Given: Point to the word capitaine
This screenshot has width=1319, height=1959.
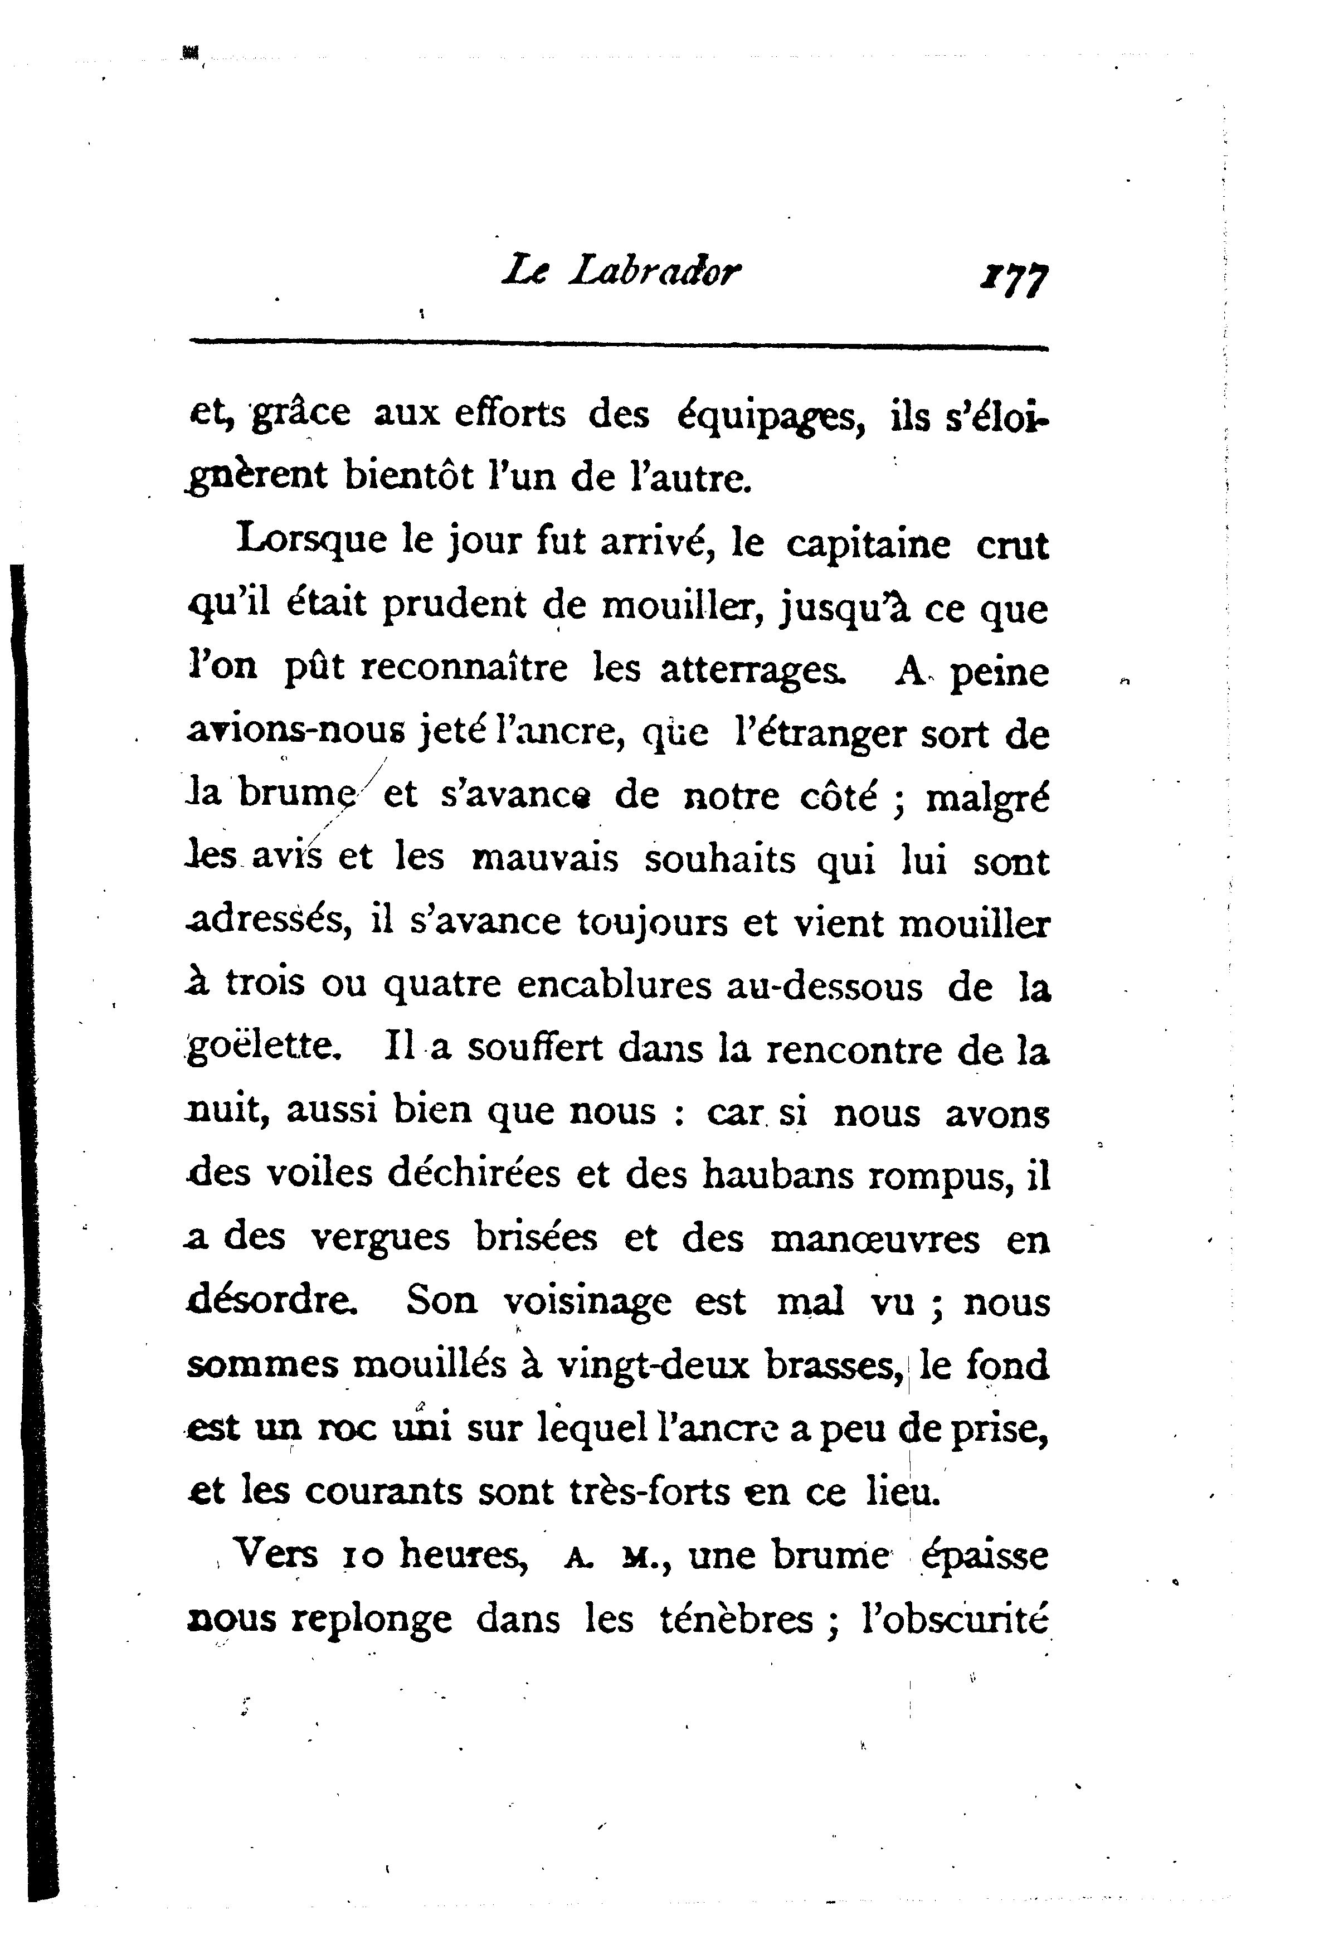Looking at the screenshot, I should (868, 545).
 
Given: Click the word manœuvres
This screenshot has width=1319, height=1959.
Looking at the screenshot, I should (875, 1239).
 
